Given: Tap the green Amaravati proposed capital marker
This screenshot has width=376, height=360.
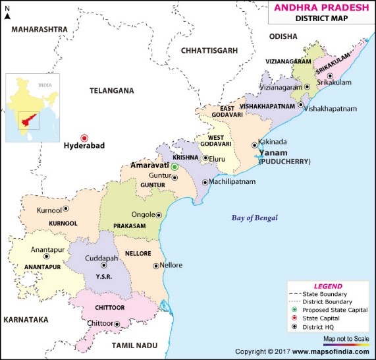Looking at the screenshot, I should click(x=175, y=167).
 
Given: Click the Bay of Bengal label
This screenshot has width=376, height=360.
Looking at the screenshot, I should click(x=254, y=218).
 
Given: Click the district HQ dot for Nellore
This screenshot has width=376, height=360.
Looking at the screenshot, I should click(x=155, y=266).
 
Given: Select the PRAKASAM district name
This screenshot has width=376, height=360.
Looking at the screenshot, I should click(x=131, y=225).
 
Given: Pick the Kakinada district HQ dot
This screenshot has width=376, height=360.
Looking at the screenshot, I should click(x=254, y=145).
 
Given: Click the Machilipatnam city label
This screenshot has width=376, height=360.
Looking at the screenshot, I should click(x=235, y=182).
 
